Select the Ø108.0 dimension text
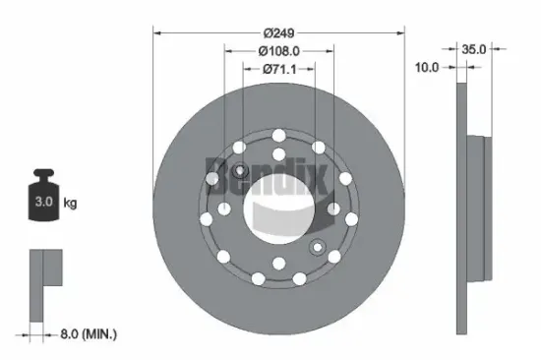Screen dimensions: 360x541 (x=278, y=50)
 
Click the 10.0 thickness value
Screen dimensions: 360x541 (x=426, y=69)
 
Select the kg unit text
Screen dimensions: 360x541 (x=70, y=204)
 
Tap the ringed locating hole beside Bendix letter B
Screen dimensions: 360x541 (x=211, y=178)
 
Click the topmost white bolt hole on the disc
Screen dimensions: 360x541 (x=279, y=134)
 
